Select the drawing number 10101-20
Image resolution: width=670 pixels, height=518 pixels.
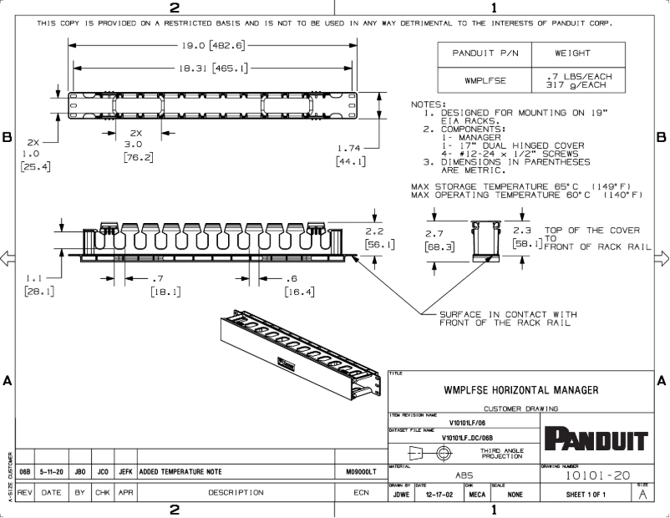tap(597, 475)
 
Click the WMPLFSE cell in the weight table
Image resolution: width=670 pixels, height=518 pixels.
tap(485, 80)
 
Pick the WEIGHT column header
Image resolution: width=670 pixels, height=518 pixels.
tap(572, 53)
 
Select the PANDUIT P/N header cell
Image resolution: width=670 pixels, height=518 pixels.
tap(485, 53)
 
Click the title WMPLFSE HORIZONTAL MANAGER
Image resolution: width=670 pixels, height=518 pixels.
tap(520, 390)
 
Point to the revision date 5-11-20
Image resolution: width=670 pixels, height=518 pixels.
tap(51, 472)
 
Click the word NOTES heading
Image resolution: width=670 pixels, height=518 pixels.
tap(429, 104)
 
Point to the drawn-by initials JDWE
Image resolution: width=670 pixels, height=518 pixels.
tap(400, 494)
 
